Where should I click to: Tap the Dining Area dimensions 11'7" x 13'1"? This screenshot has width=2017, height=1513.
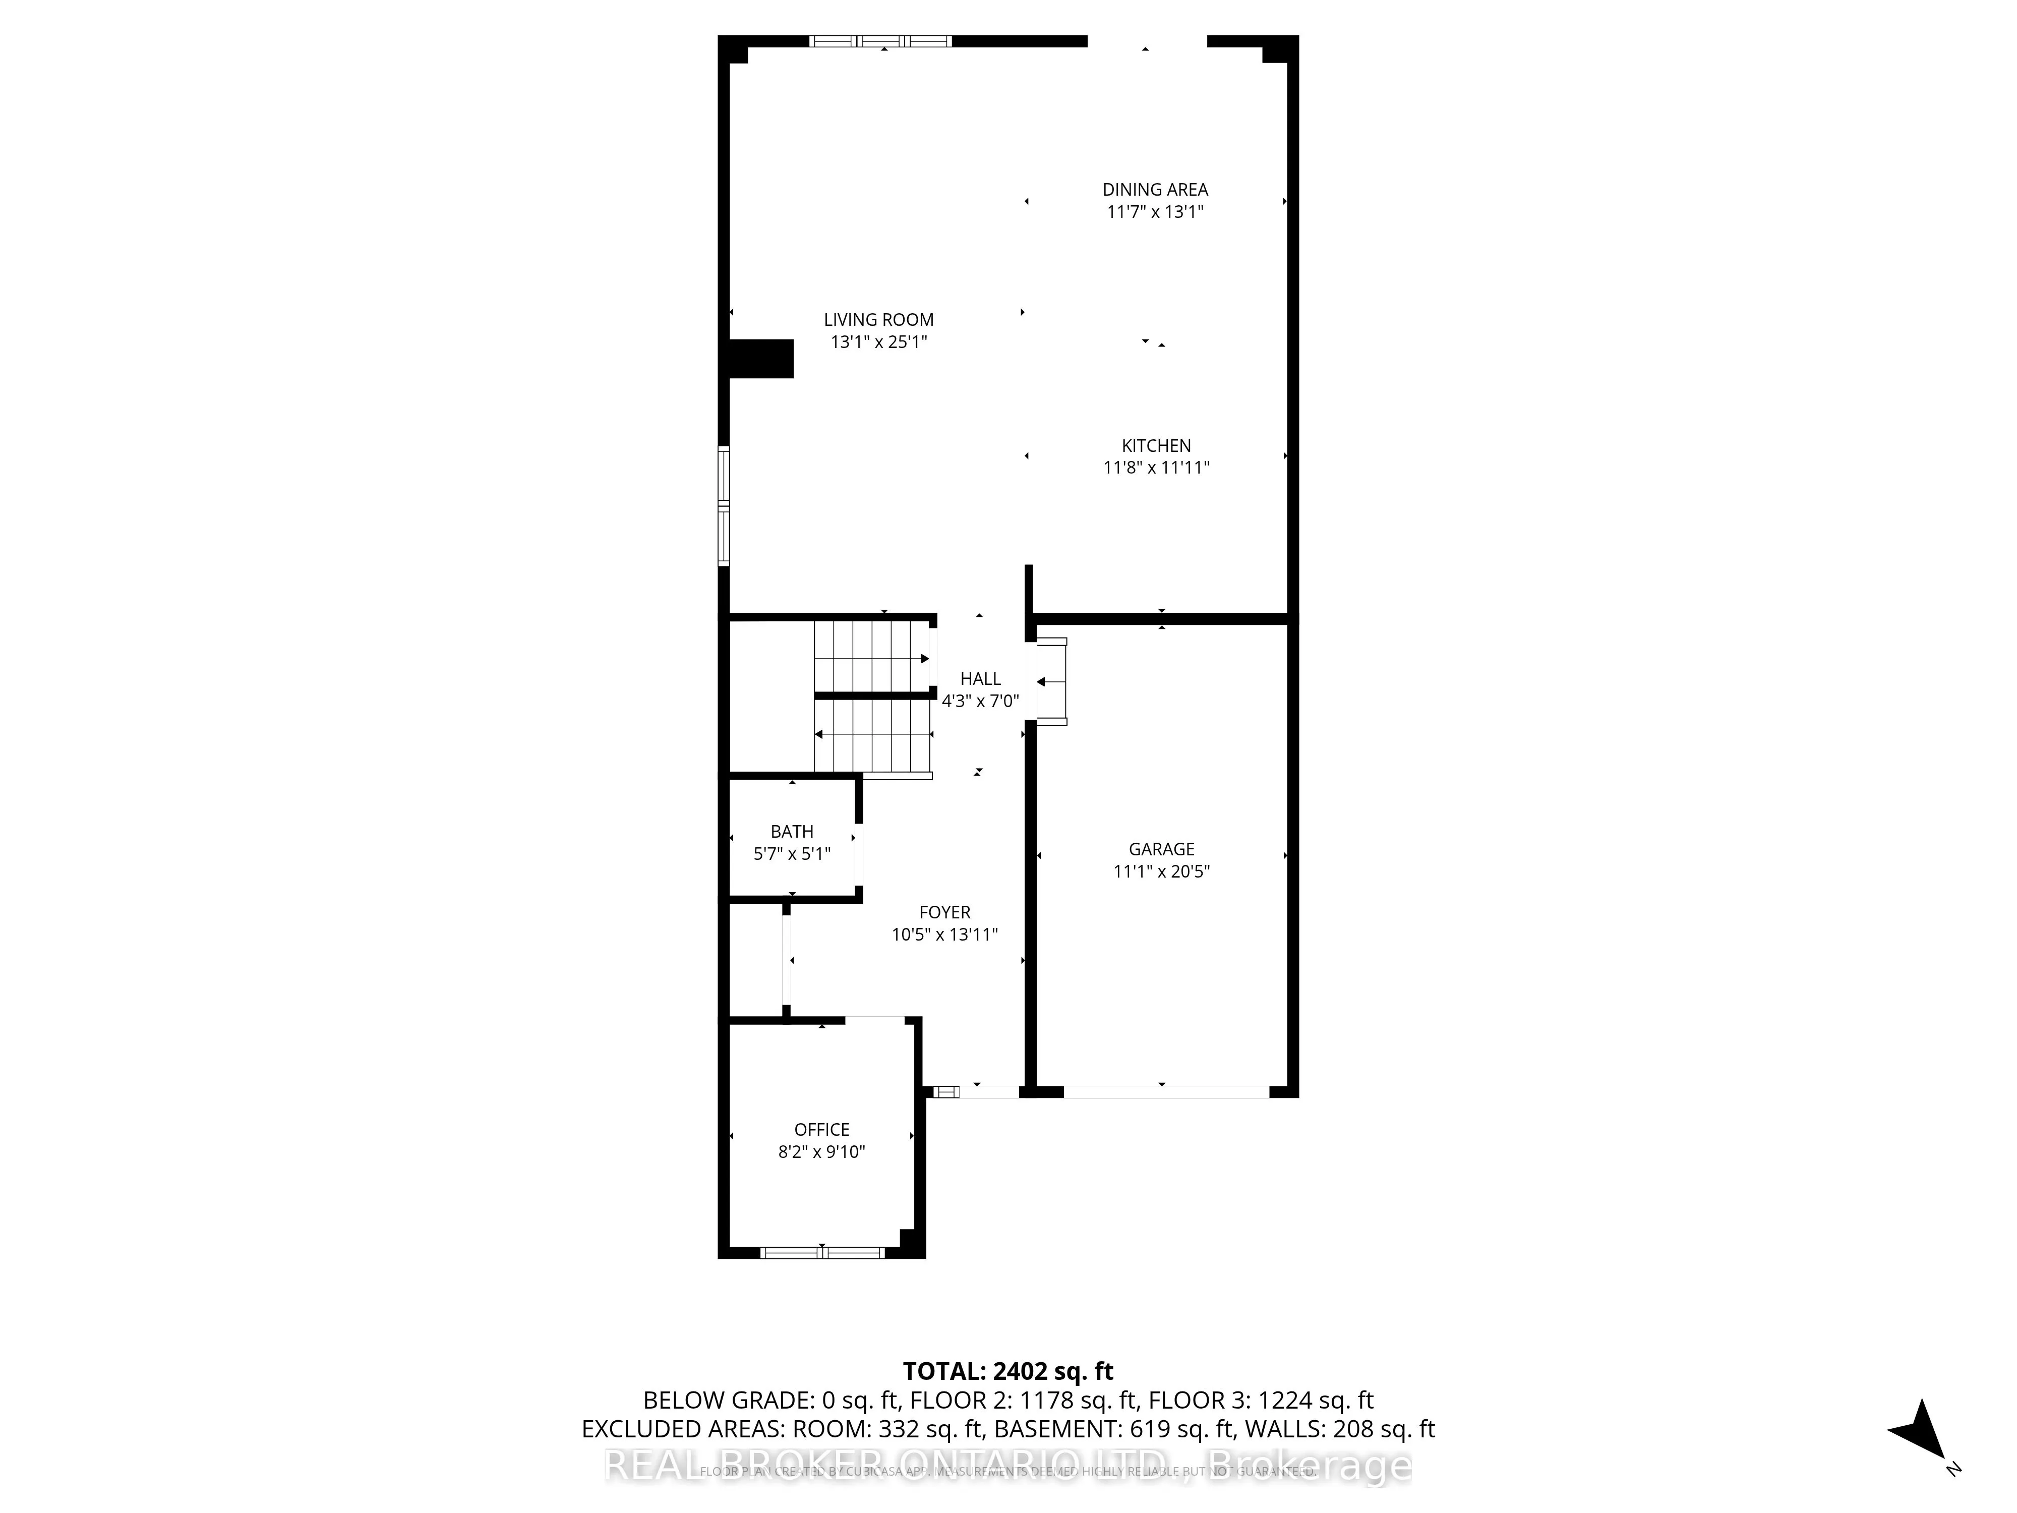click(1155, 212)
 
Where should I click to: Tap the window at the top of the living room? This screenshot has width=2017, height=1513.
click(880, 41)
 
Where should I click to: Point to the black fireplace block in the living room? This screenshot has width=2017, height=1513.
click(760, 359)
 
